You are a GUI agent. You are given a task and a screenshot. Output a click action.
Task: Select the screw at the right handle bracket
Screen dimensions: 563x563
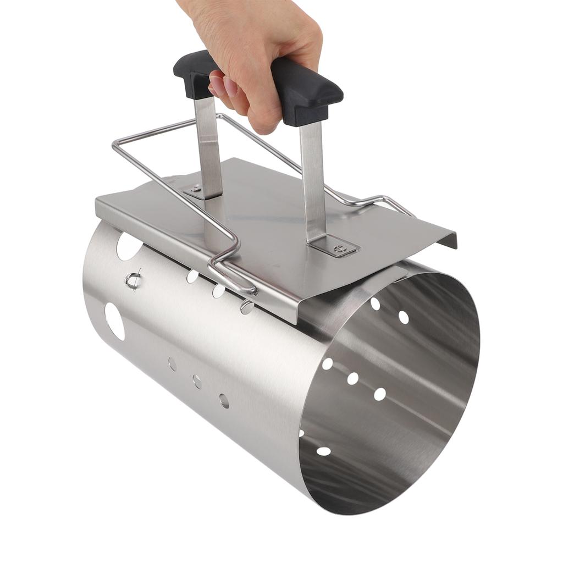point(340,249)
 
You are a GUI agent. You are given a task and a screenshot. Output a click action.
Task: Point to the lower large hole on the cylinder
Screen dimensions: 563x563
point(115,321)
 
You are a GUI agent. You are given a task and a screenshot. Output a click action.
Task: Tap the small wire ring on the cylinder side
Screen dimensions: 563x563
point(133,280)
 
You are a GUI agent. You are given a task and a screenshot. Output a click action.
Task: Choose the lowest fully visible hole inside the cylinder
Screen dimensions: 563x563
point(324,451)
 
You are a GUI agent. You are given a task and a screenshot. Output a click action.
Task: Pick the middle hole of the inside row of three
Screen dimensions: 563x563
point(352,378)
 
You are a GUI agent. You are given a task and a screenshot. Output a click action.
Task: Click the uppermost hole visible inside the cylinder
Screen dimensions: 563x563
point(376,303)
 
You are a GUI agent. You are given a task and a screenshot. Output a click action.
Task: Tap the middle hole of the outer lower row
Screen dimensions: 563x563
point(197,382)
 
